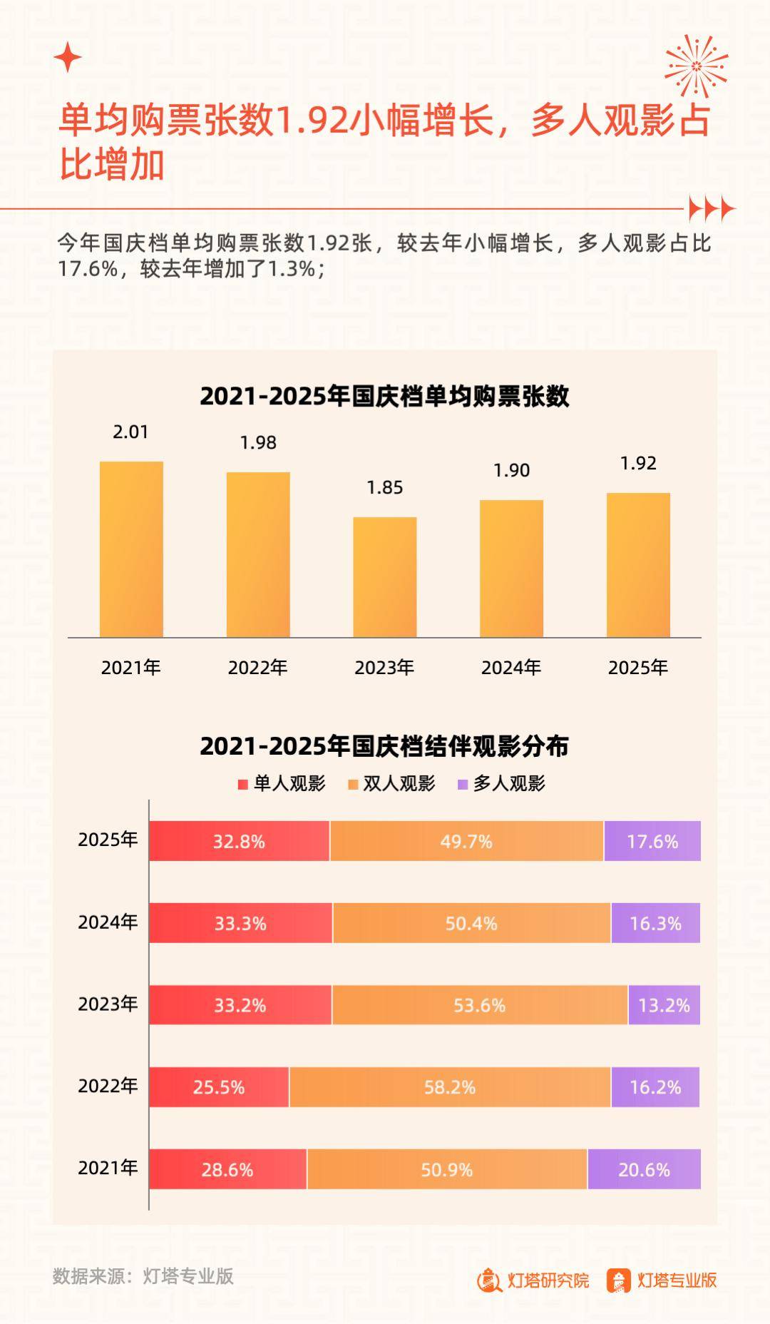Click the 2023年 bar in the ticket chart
385,577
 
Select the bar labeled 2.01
131,549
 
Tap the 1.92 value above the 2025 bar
638,464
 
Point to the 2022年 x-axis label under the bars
257,668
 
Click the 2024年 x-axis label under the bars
511,668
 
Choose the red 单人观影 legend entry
282,784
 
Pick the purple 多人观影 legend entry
501,784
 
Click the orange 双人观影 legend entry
391,784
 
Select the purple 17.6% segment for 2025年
652,841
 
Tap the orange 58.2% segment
450,1087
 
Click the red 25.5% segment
219,1087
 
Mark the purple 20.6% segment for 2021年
644,1169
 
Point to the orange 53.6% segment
479,1005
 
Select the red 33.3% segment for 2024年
240,923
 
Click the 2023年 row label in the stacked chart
108,1004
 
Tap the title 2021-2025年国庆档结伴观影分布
384,746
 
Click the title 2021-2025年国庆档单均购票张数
384,397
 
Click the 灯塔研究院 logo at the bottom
533,1280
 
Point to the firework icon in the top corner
697,66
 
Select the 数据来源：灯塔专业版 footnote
143,1276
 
